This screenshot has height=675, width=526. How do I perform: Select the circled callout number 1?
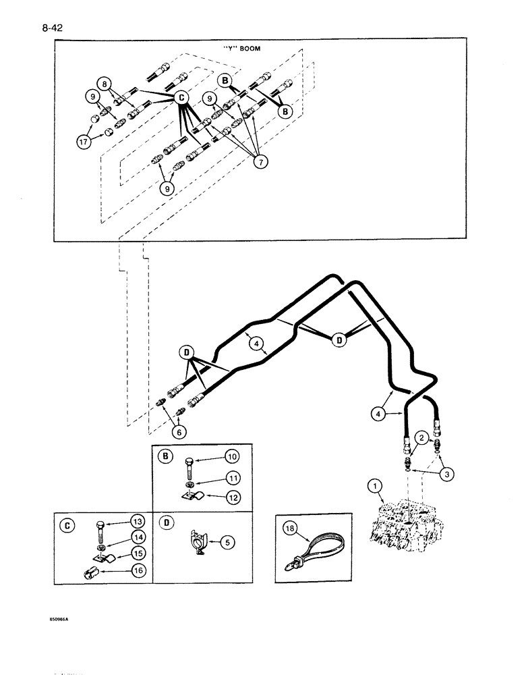(x=372, y=485)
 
